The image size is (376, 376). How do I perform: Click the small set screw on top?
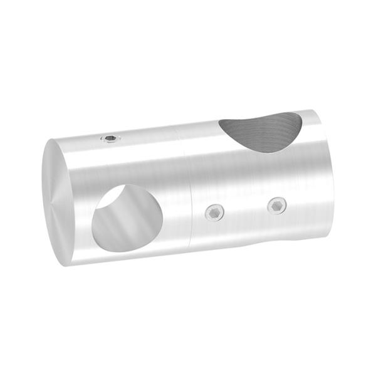click(x=111, y=138)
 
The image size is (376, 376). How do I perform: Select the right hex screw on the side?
click(x=276, y=205)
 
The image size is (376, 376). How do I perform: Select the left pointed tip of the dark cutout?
click(x=221, y=123)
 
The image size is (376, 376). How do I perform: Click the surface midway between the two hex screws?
click(x=246, y=209)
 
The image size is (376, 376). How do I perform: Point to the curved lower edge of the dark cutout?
click(x=263, y=147)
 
